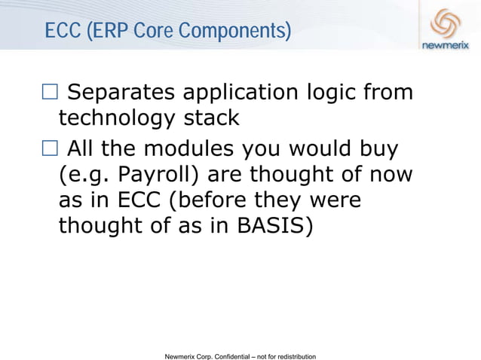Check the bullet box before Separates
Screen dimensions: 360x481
point(50,93)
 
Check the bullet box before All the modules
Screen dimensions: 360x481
point(50,150)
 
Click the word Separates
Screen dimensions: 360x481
point(121,93)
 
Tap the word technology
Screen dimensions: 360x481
point(120,118)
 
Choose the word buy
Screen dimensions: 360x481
point(375,149)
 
